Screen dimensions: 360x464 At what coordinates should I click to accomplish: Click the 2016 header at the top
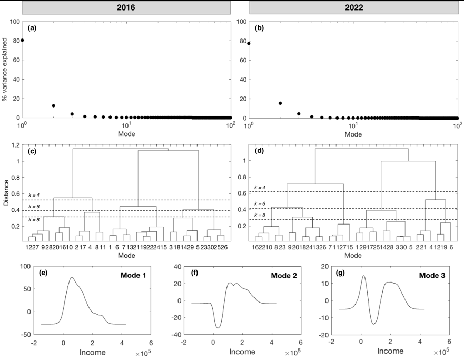[x=126, y=8]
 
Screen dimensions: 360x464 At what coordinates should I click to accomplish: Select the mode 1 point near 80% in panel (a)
[x=22, y=40]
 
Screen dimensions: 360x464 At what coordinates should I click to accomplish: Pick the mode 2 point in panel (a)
[x=53, y=105]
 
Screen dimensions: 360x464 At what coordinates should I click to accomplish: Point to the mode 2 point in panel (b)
[x=280, y=103]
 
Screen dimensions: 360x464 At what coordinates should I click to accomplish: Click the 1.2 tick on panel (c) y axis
[x=16, y=145]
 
